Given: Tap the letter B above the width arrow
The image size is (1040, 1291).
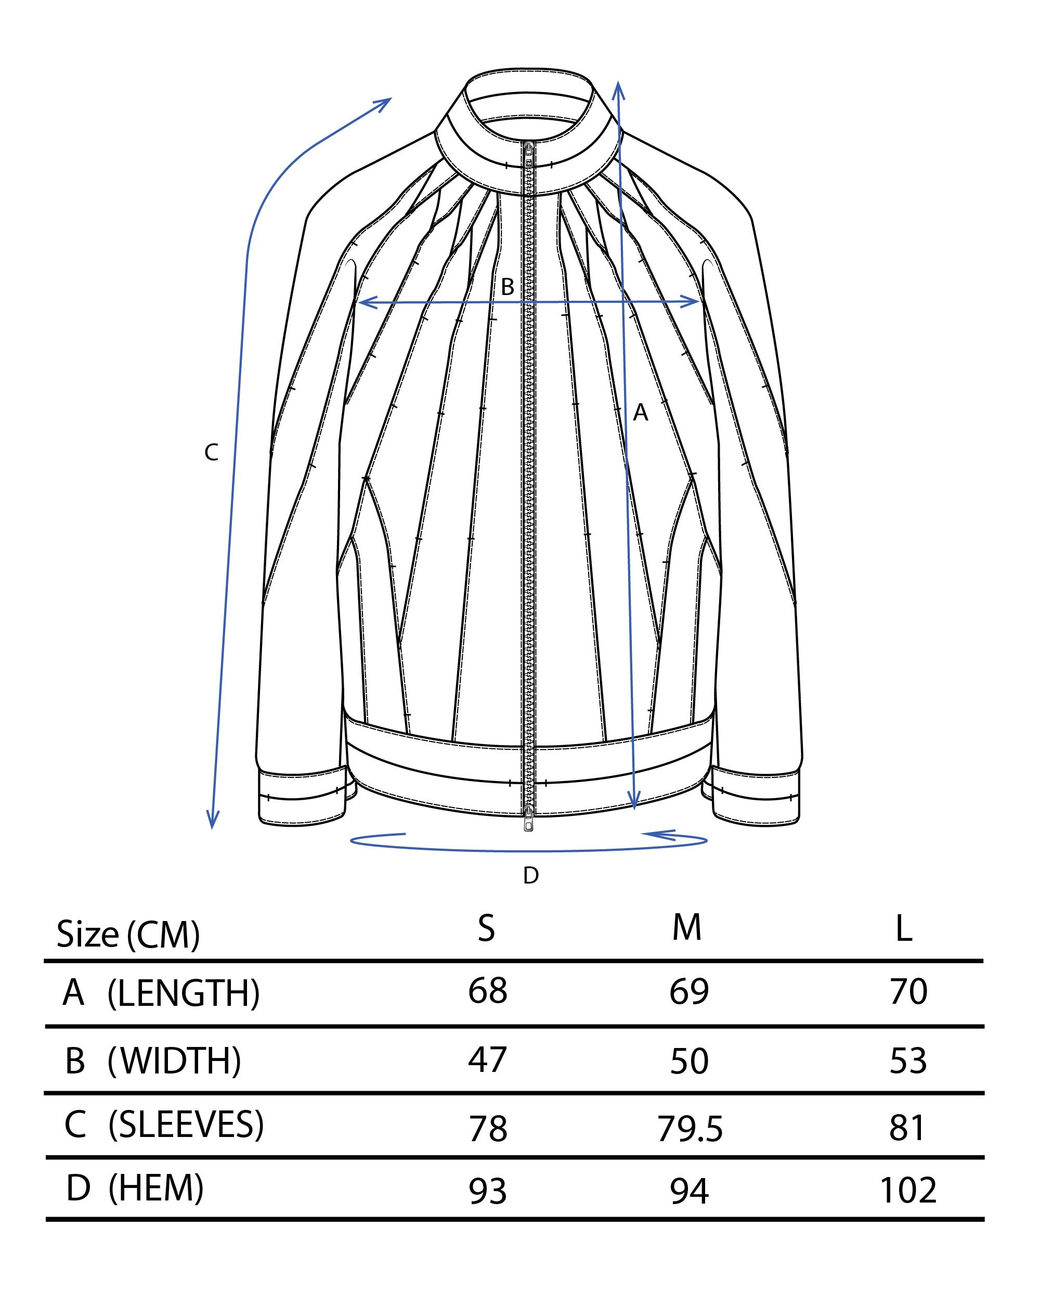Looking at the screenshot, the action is pos(508,287).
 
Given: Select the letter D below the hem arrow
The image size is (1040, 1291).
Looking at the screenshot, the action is pos(531,876).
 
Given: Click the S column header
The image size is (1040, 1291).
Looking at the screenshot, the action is pos(486,928).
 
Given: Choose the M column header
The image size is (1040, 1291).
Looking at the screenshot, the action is pos(686,928).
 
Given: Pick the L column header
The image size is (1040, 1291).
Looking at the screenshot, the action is pos(903,929).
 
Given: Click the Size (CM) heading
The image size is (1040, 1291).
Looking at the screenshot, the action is pos(128,934).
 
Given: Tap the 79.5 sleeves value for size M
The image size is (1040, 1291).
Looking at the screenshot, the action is pos(690,1129).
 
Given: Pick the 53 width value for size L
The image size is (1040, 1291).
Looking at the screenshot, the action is pos(908,1060).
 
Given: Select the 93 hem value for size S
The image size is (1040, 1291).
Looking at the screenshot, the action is pos(488,1191).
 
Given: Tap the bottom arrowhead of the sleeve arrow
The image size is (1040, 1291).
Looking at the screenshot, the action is pos(212,820).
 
